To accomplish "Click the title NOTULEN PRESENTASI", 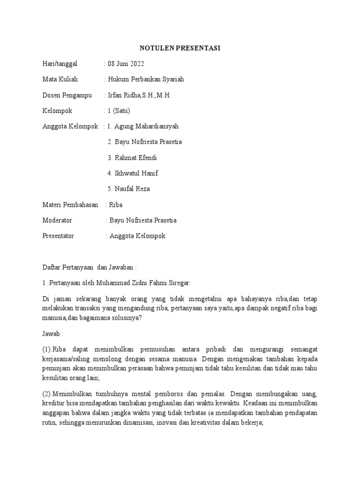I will (x=180, y=48).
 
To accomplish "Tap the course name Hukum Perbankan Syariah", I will (x=146, y=79).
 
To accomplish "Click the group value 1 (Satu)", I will (x=119, y=111).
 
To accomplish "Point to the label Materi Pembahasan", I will (x=70, y=204).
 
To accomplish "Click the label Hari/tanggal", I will (x=60, y=64).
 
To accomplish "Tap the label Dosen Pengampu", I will (x=66, y=95).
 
